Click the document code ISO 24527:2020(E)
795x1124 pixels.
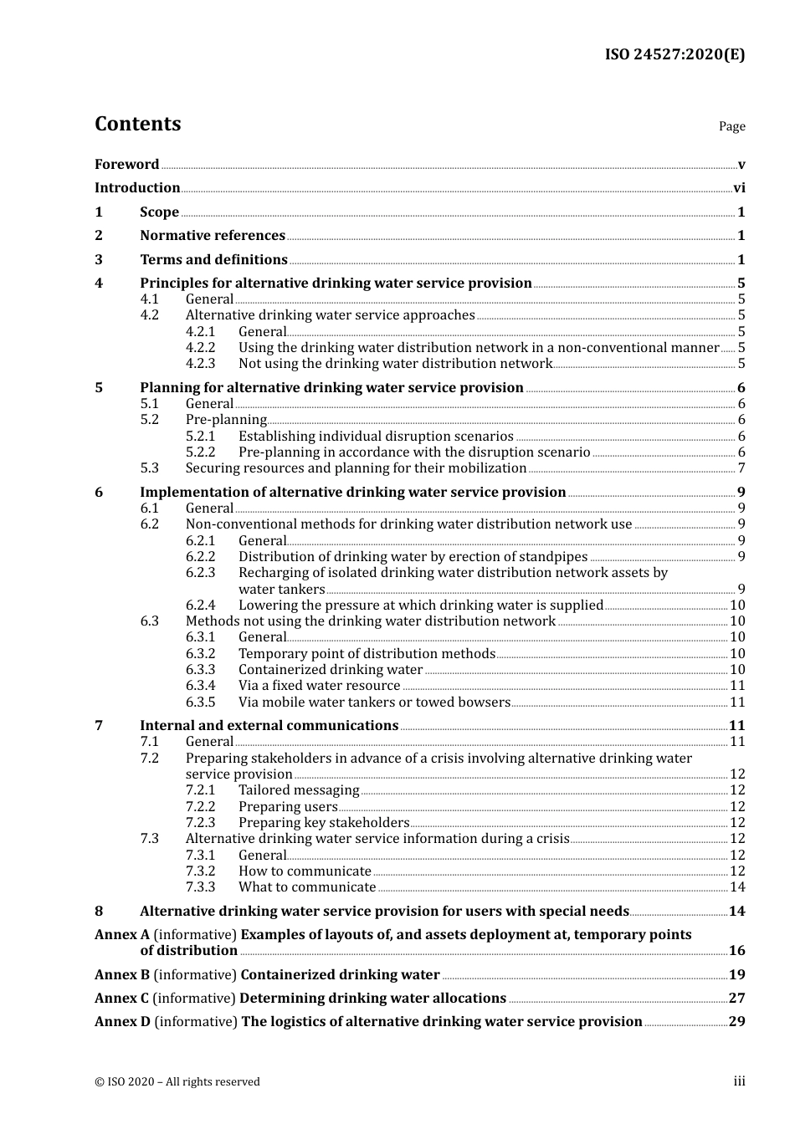click(x=674, y=55)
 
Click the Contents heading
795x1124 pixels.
click(x=137, y=124)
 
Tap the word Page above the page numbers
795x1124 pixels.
click(x=731, y=126)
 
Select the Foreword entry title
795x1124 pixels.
click(x=126, y=164)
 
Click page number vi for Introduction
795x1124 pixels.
click(x=739, y=188)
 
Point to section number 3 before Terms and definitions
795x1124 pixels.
click(x=99, y=260)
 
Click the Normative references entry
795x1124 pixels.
click(x=213, y=236)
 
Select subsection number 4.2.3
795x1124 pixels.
click(x=200, y=364)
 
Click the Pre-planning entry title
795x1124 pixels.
click(x=226, y=420)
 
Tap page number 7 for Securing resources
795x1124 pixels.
click(x=741, y=468)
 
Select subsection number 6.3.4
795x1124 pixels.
click(x=200, y=686)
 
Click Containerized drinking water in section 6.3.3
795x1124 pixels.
click(x=331, y=670)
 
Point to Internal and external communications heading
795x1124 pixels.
click(x=269, y=726)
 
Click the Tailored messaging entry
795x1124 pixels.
click(x=299, y=790)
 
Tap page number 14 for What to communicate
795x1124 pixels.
click(x=737, y=887)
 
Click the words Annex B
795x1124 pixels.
click(x=122, y=975)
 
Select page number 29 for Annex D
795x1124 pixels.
click(x=736, y=1022)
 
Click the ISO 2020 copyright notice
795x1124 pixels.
click(x=177, y=1082)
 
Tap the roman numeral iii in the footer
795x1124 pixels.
click(x=739, y=1081)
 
